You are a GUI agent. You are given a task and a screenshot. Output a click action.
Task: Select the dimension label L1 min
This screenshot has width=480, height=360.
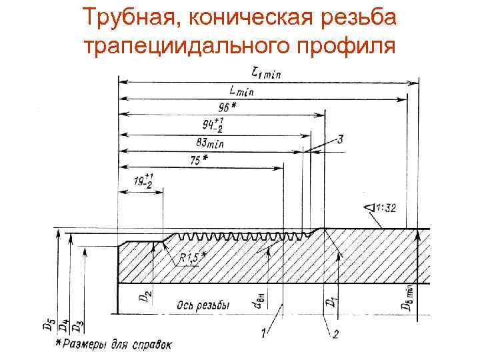click(263, 73)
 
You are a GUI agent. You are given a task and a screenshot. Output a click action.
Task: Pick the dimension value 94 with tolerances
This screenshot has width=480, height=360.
click(215, 124)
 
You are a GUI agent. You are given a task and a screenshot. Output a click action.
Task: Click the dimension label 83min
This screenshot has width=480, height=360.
click(210, 142)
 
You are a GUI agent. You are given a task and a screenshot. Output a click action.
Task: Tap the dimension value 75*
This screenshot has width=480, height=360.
click(198, 159)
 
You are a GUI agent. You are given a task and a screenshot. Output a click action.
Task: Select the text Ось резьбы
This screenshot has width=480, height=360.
click(203, 305)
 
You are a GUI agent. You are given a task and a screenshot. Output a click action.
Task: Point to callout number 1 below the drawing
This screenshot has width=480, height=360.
click(265, 331)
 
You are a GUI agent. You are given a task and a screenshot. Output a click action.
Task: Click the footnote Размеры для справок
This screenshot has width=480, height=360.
click(117, 345)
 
